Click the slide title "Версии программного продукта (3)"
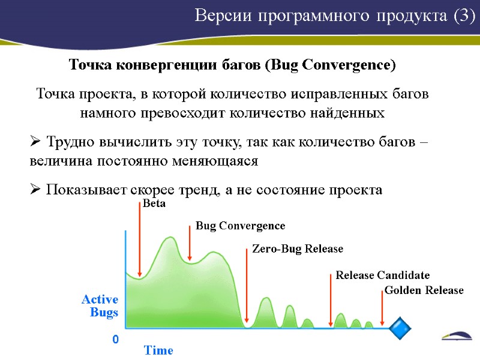[334, 16]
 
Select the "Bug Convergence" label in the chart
[240, 226]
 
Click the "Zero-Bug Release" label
[297, 248]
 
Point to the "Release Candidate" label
[382, 275]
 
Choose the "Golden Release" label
[424, 290]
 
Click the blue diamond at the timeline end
[400, 328]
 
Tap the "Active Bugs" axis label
[100, 305]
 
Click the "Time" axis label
[158, 350]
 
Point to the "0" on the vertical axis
[115, 340]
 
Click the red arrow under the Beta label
[140, 240]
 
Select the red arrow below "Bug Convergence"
[190, 243]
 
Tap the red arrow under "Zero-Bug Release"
[247, 285]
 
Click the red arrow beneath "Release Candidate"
[331, 300]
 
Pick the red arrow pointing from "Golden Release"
[382, 309]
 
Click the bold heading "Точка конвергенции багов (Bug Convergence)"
[233, 65]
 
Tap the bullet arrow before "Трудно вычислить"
[35, 143]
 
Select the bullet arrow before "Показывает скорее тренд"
[35, 190]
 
